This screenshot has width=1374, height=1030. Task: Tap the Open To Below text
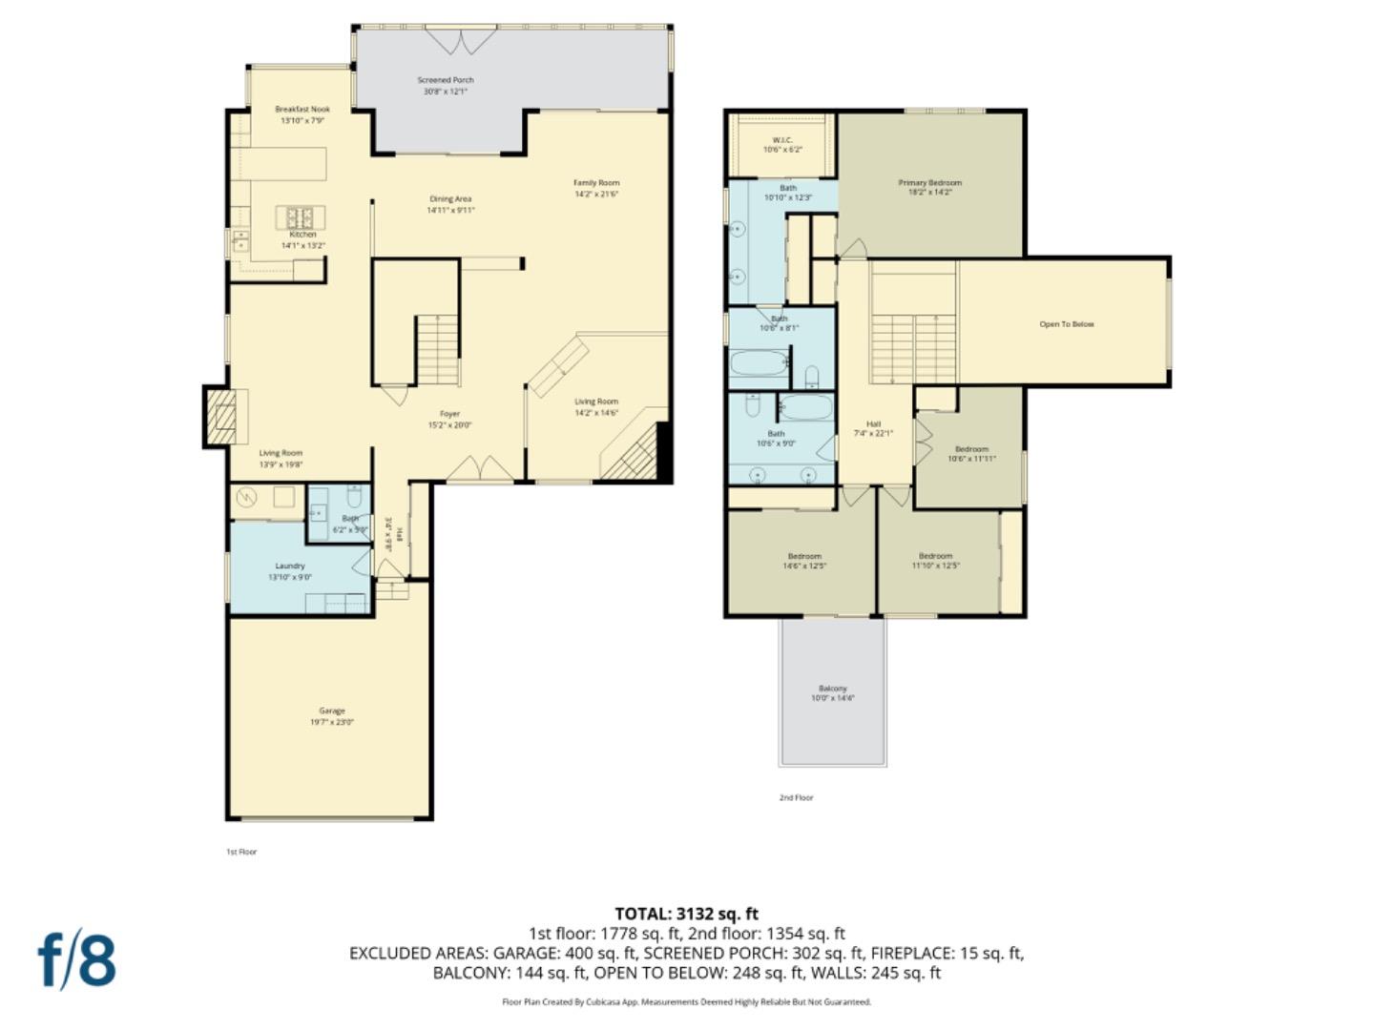pyautogui.click(x=1067, y=324)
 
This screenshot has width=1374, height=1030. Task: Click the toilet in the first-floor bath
pyautogui.click(x=354, y=498)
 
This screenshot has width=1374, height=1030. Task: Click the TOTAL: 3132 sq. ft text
pyautogui.click(x=686, y=914)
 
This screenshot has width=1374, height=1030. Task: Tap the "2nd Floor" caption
pyautogui.click(x=796, y=797)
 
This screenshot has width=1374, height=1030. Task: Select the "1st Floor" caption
pyautogui.click(x=241, y=852)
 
